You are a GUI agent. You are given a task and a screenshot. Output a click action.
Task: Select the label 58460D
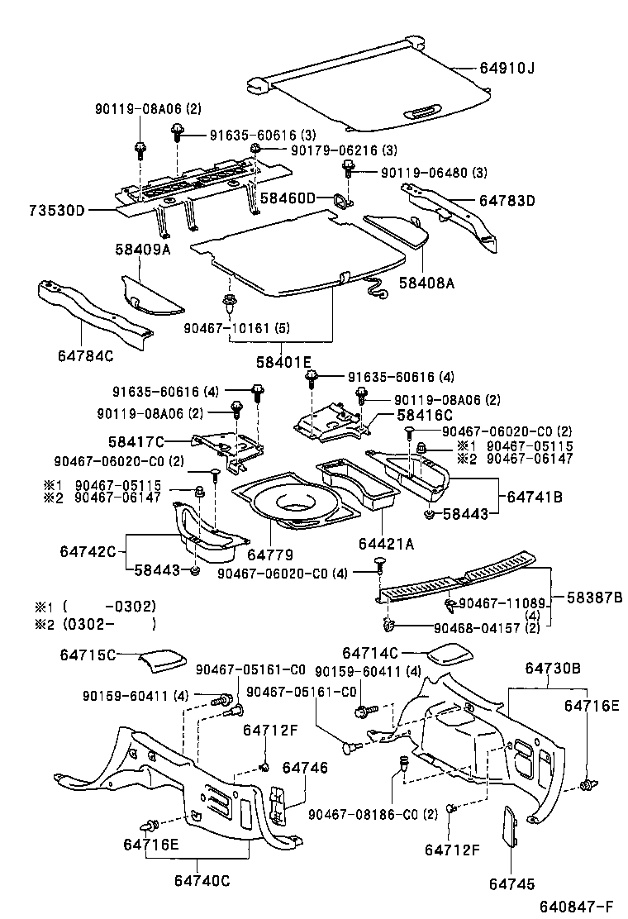coord(288,198)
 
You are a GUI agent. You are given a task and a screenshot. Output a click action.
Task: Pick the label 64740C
coord(201,880)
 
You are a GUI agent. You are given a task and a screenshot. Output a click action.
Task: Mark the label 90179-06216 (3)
coord(343,150)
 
